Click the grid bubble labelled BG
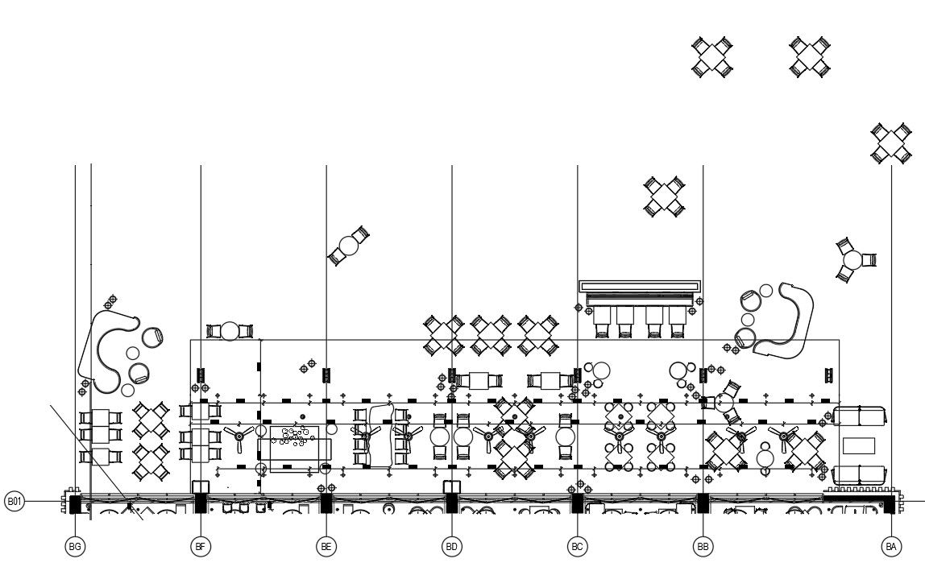coord(75,547)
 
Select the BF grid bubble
coord(201,547)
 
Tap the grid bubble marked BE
coord(326,547)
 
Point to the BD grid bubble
coord(452,547)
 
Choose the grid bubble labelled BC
coord(577,547)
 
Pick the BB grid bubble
coord(703,547)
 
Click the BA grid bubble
coord(890,547)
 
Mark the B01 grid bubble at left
coord(15,502)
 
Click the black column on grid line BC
coord(577,503)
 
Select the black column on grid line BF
coord(201,503)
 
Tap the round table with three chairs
coord(852,260)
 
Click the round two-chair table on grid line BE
coord(349,246)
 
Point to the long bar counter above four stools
coord(640,287)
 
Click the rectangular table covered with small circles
coord(294,443)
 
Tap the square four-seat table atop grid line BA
coord(891,143)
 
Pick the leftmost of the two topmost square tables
coord(713,57)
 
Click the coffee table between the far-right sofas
coord(858,445)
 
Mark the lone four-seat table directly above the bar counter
coord(665,197)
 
